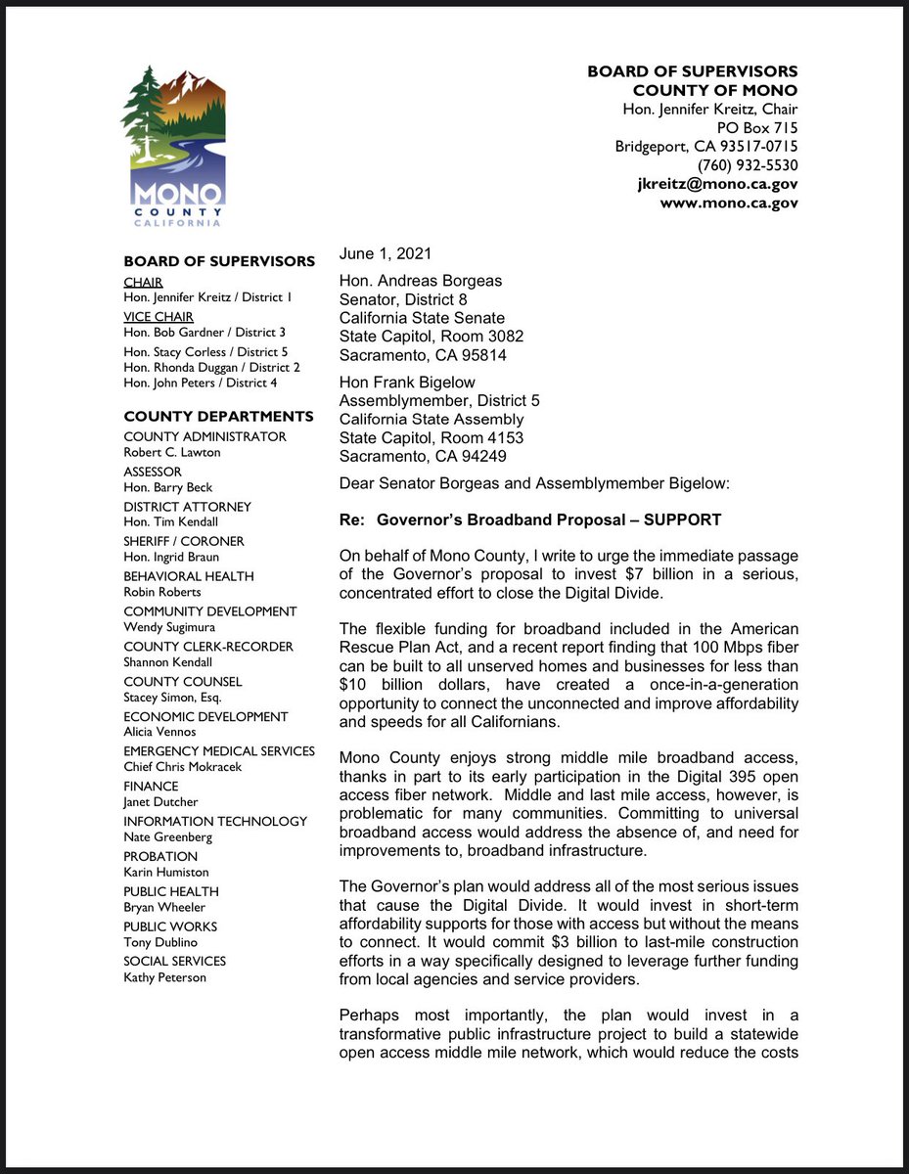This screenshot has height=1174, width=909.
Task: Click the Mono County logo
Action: [172, 146]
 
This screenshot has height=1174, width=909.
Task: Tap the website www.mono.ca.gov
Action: [728, 203]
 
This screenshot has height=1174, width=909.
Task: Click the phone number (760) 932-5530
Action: [747, 165]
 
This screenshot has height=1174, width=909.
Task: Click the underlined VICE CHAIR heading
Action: [159, 316]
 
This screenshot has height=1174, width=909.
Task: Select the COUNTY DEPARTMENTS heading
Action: [218, 416]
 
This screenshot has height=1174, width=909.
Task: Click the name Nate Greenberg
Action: [167, 836]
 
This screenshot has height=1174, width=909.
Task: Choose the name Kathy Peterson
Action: [165, 976]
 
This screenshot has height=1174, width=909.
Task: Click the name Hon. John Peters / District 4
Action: [200, 383]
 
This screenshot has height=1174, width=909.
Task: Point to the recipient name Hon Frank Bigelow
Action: [406, 383]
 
